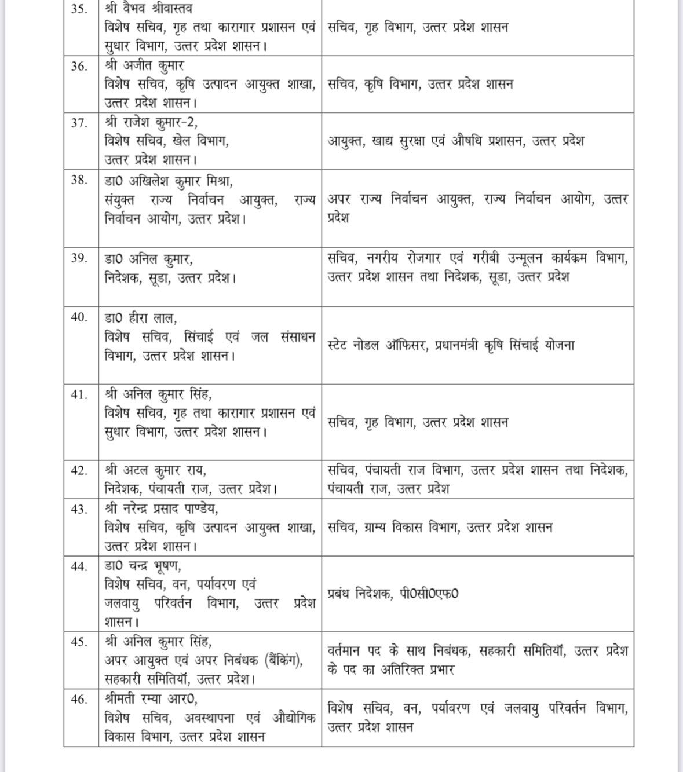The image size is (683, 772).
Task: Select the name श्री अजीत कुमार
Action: click(x=144, y=65)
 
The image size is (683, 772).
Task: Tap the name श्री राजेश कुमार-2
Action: click(x=151, y=122)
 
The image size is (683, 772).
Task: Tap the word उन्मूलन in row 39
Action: click(x=534, y=258)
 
